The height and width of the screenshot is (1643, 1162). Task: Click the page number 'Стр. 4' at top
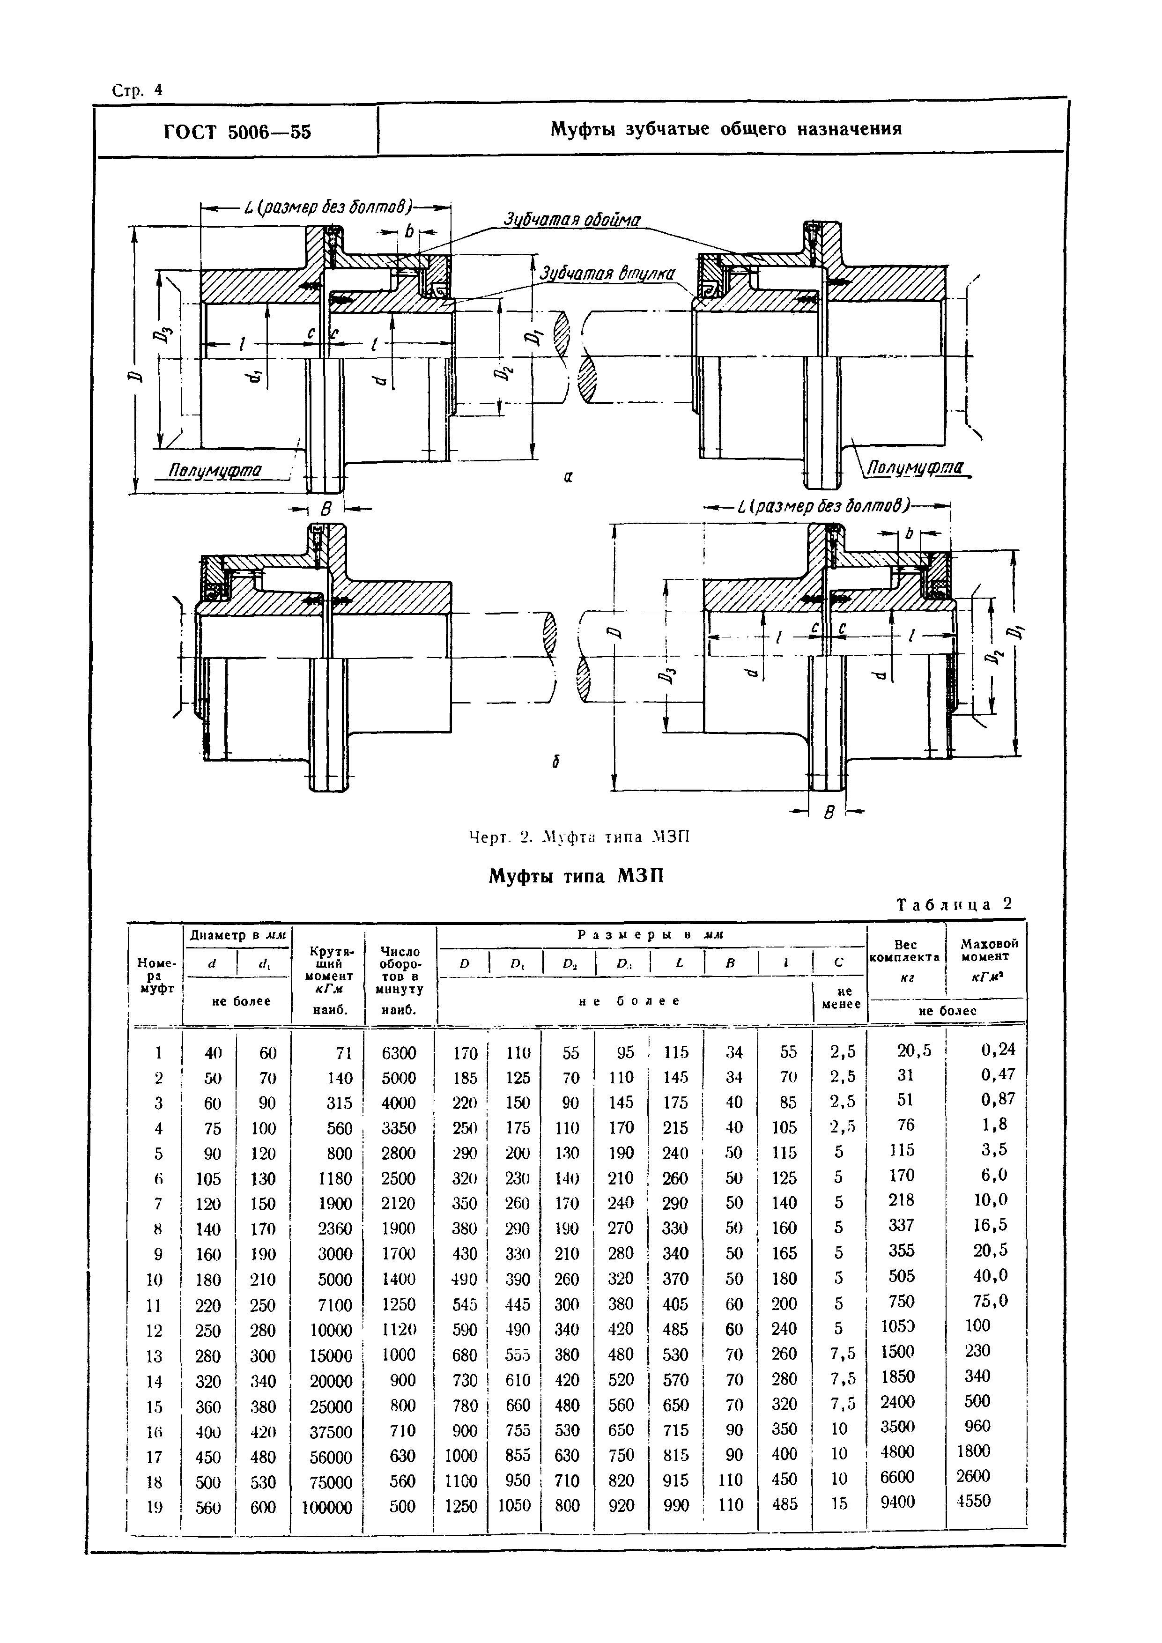pyautogui.click(x=137, y=90)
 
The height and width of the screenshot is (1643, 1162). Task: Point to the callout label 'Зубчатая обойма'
pyautogui.click(x=572, y=220)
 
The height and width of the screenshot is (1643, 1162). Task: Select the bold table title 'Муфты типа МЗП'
pyautogui.click(x=576, y=876)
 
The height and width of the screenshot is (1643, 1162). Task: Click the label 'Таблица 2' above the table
pyautogui.click(x=955, y=904)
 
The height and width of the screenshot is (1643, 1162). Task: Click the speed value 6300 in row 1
pyautogui.click(x=399, y=1053)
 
